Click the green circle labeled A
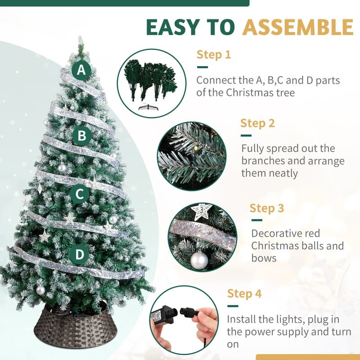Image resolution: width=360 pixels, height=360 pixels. pos(81,70)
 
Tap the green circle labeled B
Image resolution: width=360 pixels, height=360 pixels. pos(82,136)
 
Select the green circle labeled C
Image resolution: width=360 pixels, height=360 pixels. pos(80,194)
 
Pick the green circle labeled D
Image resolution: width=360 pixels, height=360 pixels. pos(80,254)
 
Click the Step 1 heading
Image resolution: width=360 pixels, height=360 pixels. pos(213,54)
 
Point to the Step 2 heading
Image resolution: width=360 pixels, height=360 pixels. pos(257,123)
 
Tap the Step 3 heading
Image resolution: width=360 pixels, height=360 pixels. pos(266,208)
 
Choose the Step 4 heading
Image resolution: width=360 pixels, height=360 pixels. pos(244,293)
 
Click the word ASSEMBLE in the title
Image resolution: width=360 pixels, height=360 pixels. pos(297,27)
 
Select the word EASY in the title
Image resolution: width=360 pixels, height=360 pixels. pos(172,27)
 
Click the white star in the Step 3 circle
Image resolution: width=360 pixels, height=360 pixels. pos(201,211)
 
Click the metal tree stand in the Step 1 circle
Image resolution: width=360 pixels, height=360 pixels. pos(148,108)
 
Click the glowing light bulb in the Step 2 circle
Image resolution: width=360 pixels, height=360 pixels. pos(196,148)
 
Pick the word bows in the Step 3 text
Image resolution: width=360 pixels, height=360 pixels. pos(264,258)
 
